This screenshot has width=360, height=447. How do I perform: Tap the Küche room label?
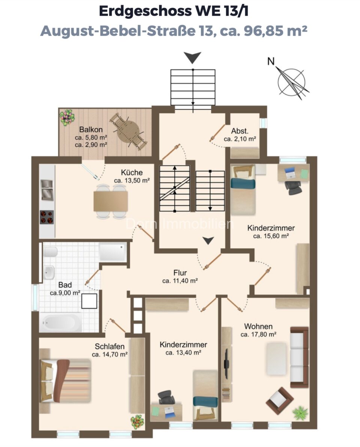(x=132, y=172)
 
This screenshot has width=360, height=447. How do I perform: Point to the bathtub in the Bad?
(x=60, y=322)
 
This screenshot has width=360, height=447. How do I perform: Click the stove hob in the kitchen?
(x=47, y=217)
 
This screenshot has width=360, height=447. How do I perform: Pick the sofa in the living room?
(x=299, y=357)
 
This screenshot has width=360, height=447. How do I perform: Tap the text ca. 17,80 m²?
(x=258, y=334)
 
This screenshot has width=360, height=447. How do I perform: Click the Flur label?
(x=180, y=273)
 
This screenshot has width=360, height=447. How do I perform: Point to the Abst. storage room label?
(x=240, y=131)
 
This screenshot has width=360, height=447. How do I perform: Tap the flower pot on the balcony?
(x=67, y=117)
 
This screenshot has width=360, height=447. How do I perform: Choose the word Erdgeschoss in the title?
(x=145, y=11)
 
